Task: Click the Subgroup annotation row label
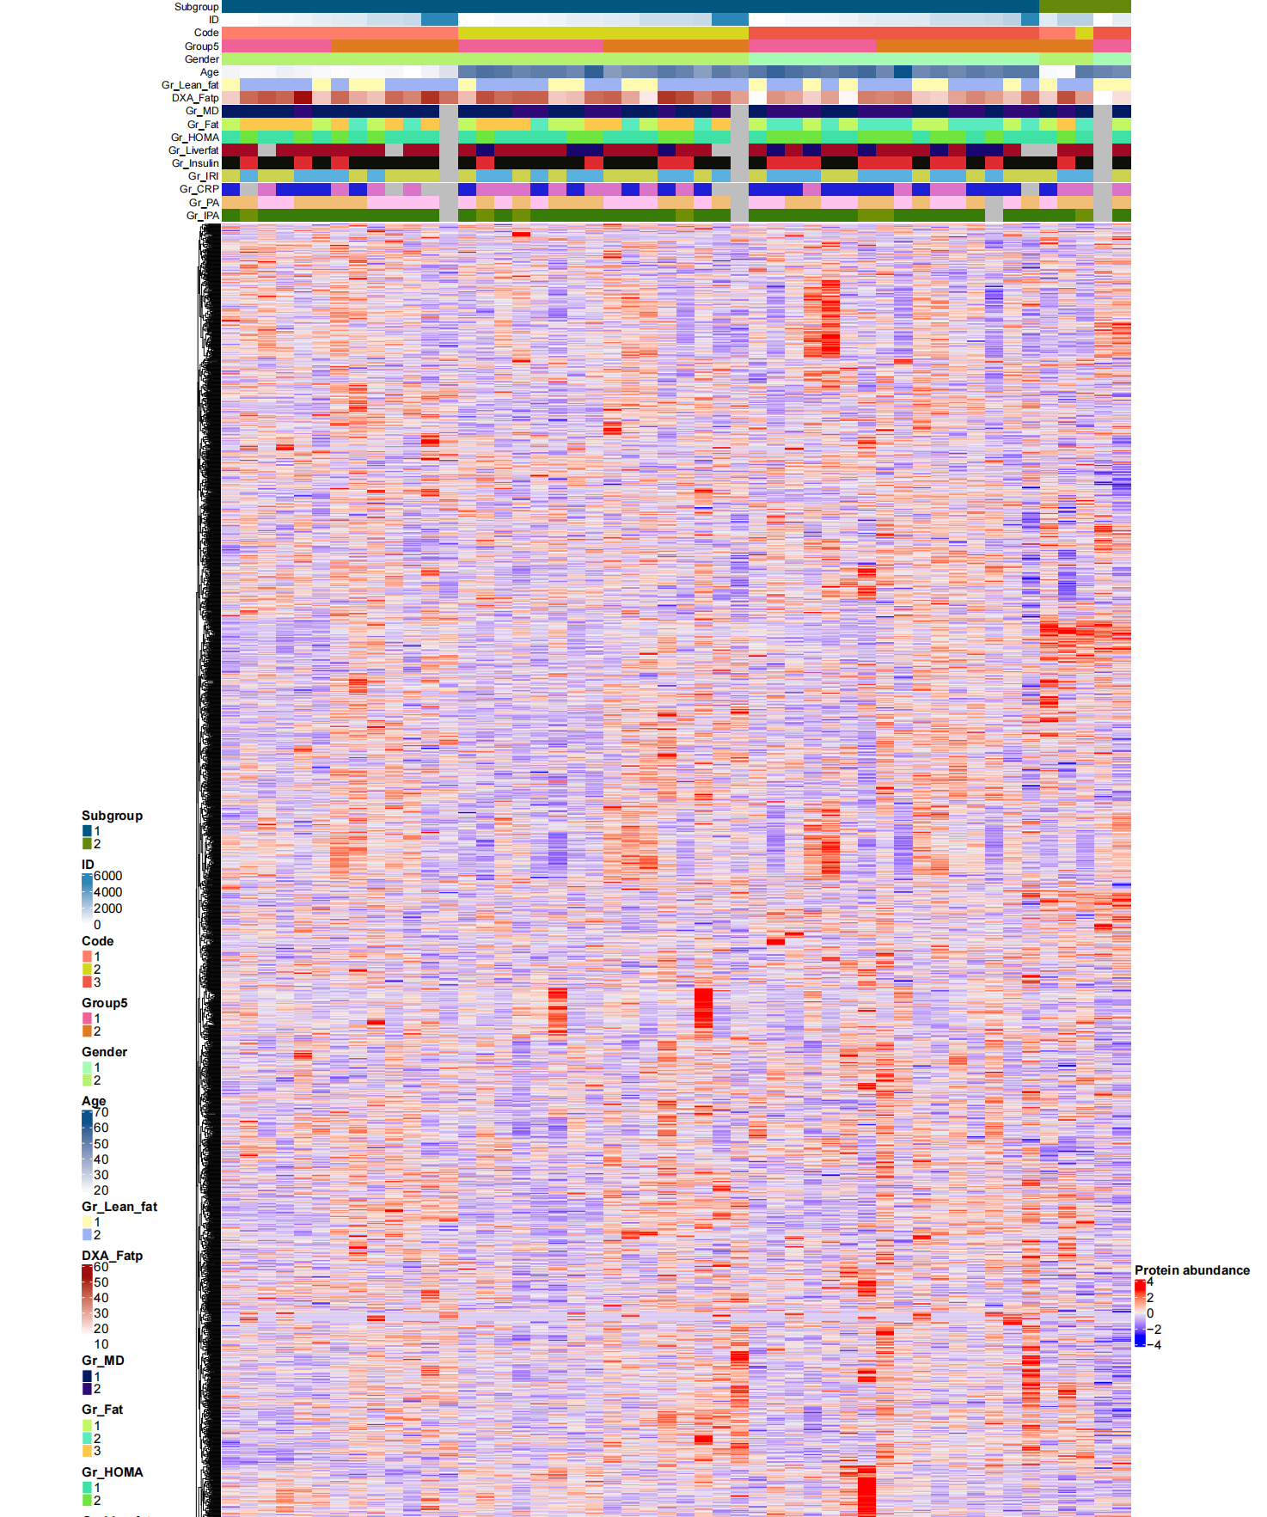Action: [x=196, y=7]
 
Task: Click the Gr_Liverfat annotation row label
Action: [x=193, y=150]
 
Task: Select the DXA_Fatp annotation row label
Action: [x=195, y=98]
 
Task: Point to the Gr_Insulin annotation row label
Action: [x=195, y=163]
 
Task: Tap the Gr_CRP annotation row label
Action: [x=199, y=189]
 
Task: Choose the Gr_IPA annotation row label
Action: [x=203, y=216]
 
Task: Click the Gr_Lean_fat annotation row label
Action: [x=190, y=85]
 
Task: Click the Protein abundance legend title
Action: [x=1191, y=1270]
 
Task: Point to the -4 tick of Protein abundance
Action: [x=1156, y=1345]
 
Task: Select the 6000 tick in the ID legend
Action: [x=107, y=876]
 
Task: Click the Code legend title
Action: [x=97, y=941]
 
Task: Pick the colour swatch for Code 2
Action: [x=87, y=970]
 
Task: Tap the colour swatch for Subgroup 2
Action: [x=87, y=844]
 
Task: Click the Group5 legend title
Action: [x=104, y=1003]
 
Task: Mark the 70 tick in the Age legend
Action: [x=101, y=1112]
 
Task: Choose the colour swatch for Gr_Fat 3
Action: [x=87, y=1451]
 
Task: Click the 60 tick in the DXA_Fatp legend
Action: [x=101, y=1267]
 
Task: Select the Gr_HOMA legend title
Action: [x=112, y=1472]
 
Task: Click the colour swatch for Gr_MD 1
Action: [x=87, y=1376]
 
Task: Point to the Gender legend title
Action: [x=104, y=1052]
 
